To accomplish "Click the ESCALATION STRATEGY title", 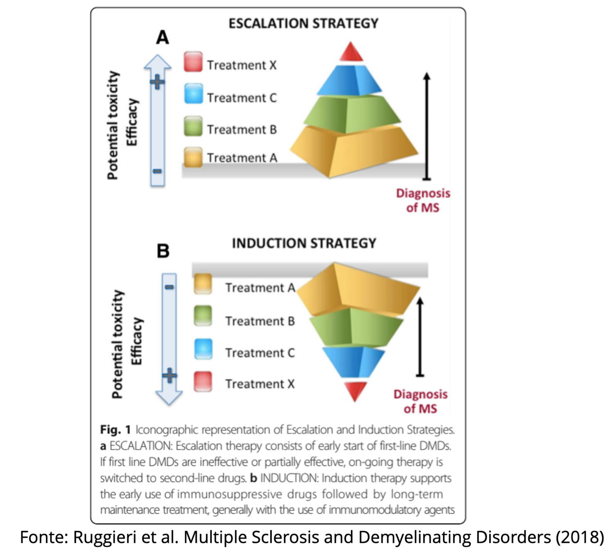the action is [303, 23].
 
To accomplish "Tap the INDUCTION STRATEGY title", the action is [304, 243].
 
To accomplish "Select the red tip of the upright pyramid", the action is [351, 53].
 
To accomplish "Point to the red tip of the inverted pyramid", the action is [355, 390].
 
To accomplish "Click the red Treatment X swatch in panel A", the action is [193, 61].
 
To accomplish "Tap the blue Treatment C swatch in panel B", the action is [203, 349].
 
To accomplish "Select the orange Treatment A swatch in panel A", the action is [193, 157].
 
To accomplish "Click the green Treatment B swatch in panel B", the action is [203, 316].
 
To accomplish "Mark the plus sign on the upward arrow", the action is [157, 82].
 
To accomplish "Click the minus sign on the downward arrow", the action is [169, 288].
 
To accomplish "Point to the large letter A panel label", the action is [163, 38].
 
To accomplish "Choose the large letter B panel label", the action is [163, 251].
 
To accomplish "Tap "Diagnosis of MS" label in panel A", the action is [423, 200].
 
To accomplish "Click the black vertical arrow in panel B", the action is [420, 336].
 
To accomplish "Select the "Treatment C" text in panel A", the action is [242, 98].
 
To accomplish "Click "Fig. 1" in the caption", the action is [115, 430].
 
